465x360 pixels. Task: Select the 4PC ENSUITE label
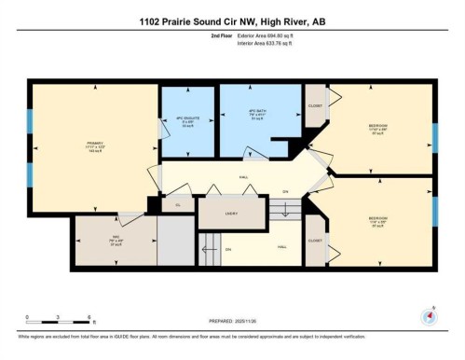pyautogui.click(x=185, y=121)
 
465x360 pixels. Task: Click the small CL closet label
pyautogui.click(x=177, y=204)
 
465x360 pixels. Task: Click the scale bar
pyautogui.click(x=58, y=323)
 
